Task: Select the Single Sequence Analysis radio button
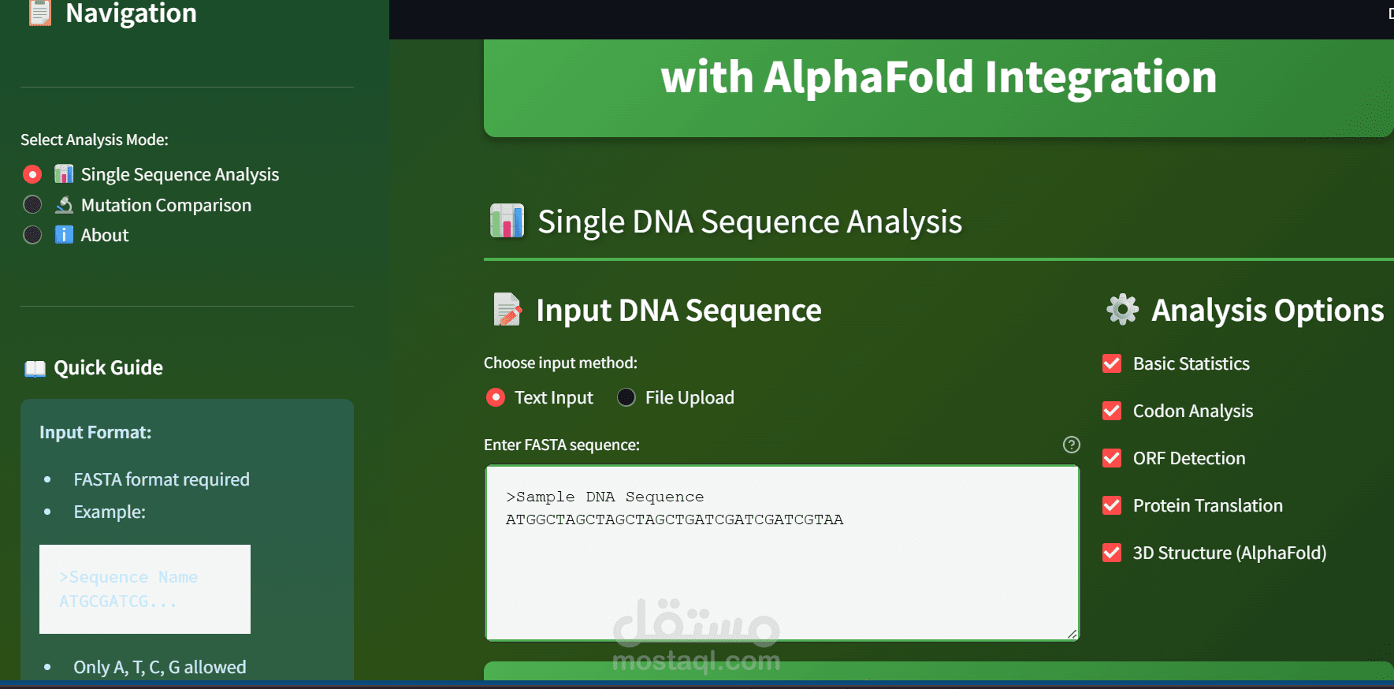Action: (x=32, y=174)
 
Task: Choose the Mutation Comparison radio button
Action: (x=32, y=205)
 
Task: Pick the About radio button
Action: (x=32, y=235)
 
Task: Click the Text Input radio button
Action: (x=496, y=397)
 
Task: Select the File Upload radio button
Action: (x=626, y=397)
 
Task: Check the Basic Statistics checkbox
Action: (x=1112, y=363)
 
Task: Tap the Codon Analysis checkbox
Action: (x=1112, y=411)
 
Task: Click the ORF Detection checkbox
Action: (x=1112, y=458)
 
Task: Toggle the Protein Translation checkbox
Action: (x=1112, y=505)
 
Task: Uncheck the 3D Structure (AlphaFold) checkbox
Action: (x=1112, y=553)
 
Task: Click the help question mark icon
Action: (x=1072, y=445)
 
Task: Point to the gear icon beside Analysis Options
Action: (x=1122, y=310)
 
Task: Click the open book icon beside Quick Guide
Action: (x=35, y=368)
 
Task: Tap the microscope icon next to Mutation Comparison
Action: (x=64, y=205)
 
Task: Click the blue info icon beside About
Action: (x=64, y=235)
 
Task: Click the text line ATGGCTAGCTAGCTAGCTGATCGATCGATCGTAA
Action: (x=675, y=520)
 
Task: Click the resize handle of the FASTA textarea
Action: (x=1072, y=634)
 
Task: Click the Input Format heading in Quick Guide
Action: (x=95, y=432)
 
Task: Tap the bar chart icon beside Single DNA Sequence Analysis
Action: (x=507, y=222)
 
